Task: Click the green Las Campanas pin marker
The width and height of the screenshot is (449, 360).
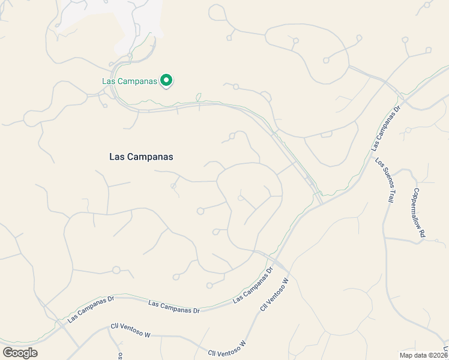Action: (x=166, y=80)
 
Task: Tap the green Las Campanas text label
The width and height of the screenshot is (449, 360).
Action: (x=129, y=81)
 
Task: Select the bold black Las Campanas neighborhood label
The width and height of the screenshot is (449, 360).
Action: (x=141, y=157)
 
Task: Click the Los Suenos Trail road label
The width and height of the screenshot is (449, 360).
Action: (x=385, y=180)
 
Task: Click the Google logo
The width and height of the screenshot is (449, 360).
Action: (x=20, y=353)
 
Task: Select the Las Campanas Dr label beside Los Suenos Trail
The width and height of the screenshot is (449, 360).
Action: (x=385, y=129)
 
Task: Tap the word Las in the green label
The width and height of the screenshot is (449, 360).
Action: (x=107, y=81)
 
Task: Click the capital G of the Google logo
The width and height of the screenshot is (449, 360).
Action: (x=8, y=352)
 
